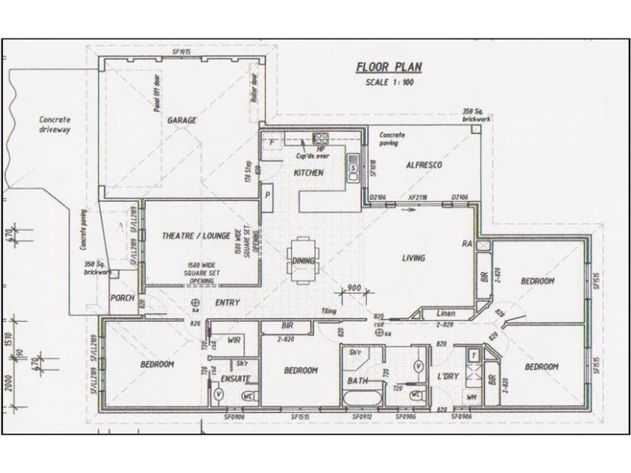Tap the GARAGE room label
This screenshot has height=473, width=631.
point(181,121)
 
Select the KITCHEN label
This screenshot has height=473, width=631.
point(308,173)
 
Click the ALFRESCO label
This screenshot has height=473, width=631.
point(422,166)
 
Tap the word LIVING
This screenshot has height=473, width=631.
point(413,258)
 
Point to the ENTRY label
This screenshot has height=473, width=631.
point(227,303)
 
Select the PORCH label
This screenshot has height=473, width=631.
point(122,298)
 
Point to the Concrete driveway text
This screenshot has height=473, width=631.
point(54,125)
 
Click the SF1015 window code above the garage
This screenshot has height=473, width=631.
point(181,52)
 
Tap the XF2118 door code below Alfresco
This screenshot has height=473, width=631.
point(417,196)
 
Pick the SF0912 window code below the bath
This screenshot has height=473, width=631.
point(362,416)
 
